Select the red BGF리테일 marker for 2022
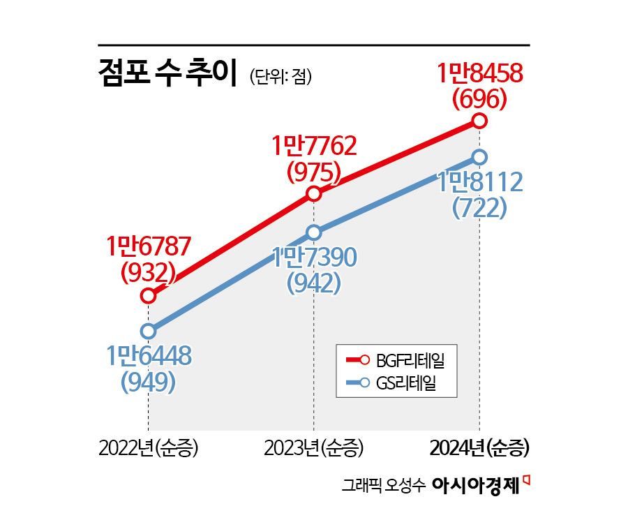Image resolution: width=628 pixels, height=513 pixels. [148, 296]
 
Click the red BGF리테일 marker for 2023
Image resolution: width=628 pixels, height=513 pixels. [313, 193]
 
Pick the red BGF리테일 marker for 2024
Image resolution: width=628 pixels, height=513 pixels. [479, 121]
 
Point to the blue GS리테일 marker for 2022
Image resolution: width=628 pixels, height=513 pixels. [148, 331]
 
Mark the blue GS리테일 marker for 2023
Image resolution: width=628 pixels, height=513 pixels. [313, 232]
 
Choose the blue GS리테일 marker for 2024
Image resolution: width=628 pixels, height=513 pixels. [479, 157]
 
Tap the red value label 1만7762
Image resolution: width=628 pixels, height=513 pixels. [314, 147]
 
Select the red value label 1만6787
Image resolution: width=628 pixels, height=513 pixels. [148, 247]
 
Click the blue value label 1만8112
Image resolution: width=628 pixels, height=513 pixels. [479, 183]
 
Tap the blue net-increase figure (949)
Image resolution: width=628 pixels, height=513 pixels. [148, 382]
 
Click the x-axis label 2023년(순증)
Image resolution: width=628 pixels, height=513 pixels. [314, 447]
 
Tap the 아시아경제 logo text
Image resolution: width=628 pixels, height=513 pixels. [477, 484]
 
